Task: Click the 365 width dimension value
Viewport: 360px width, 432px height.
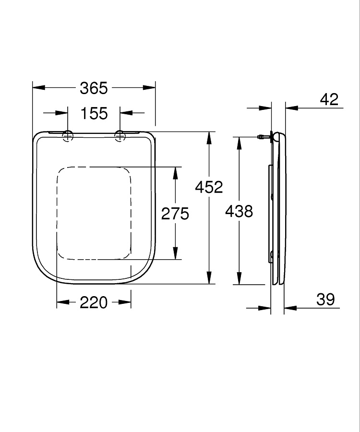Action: coord(94,88)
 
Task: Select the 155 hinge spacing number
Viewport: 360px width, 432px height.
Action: coord(94,113)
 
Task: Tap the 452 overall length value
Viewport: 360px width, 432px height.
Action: coord(209,187)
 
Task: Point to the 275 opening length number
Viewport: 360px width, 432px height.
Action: coord(175,214)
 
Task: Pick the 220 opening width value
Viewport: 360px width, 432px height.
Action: coord(94,302)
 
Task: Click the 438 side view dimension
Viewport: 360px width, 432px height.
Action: coord(239,212)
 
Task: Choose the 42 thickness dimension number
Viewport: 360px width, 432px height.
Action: coord(329,99)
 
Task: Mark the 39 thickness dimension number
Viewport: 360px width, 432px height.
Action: coord(325,299)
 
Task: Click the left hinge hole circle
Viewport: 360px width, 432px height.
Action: coord(68,136)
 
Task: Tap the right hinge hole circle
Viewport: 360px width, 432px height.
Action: coord(120,136)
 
